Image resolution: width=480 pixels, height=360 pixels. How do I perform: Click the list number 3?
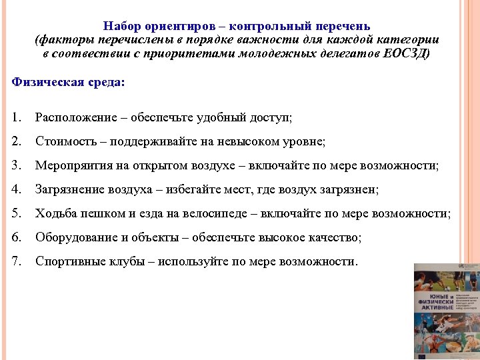16,165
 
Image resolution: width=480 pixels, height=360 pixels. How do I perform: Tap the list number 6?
16,237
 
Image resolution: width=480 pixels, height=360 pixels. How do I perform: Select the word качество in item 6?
335,237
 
